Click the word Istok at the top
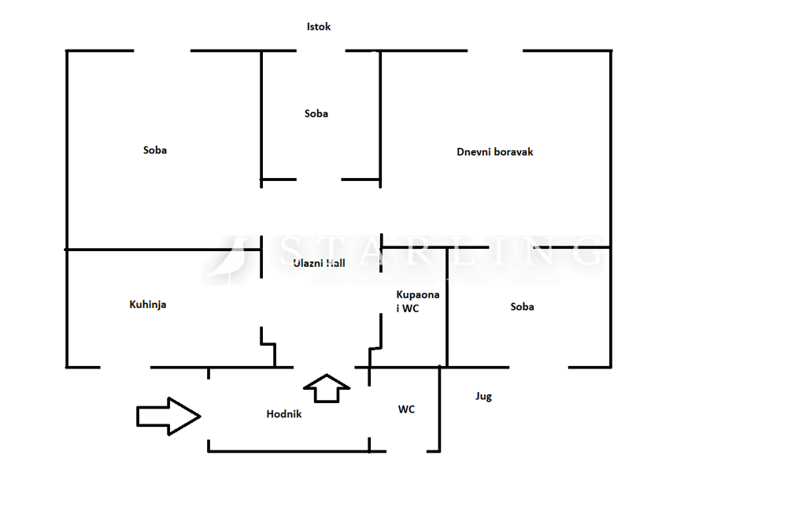[x=319, y=27]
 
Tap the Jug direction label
[x=483, y=396]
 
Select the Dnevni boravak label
[x=495, y=151]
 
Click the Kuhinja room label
[x=148, y=304]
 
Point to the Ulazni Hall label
[x=319, y=264]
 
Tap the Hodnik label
[x=284, y=413]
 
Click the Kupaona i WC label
[x=418, y=302]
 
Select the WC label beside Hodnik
[x=406, y=409]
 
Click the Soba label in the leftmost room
[x=155, y=150]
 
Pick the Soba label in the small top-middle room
[x=316, y=113]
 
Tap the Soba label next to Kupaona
[x=522, y=306]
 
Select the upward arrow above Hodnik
[x=326, y=387]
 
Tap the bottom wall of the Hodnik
[x=288, y=451]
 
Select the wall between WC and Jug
[x=439, y=409]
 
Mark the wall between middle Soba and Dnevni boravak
[x=381, y=118]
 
